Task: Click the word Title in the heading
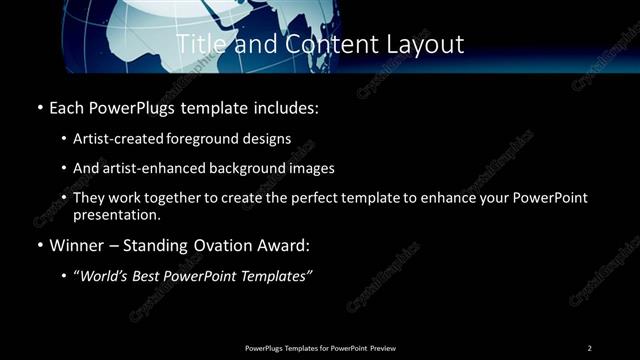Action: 199,44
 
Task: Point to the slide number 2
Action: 589,348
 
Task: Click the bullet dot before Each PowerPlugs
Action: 39,105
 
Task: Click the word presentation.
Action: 116,215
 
